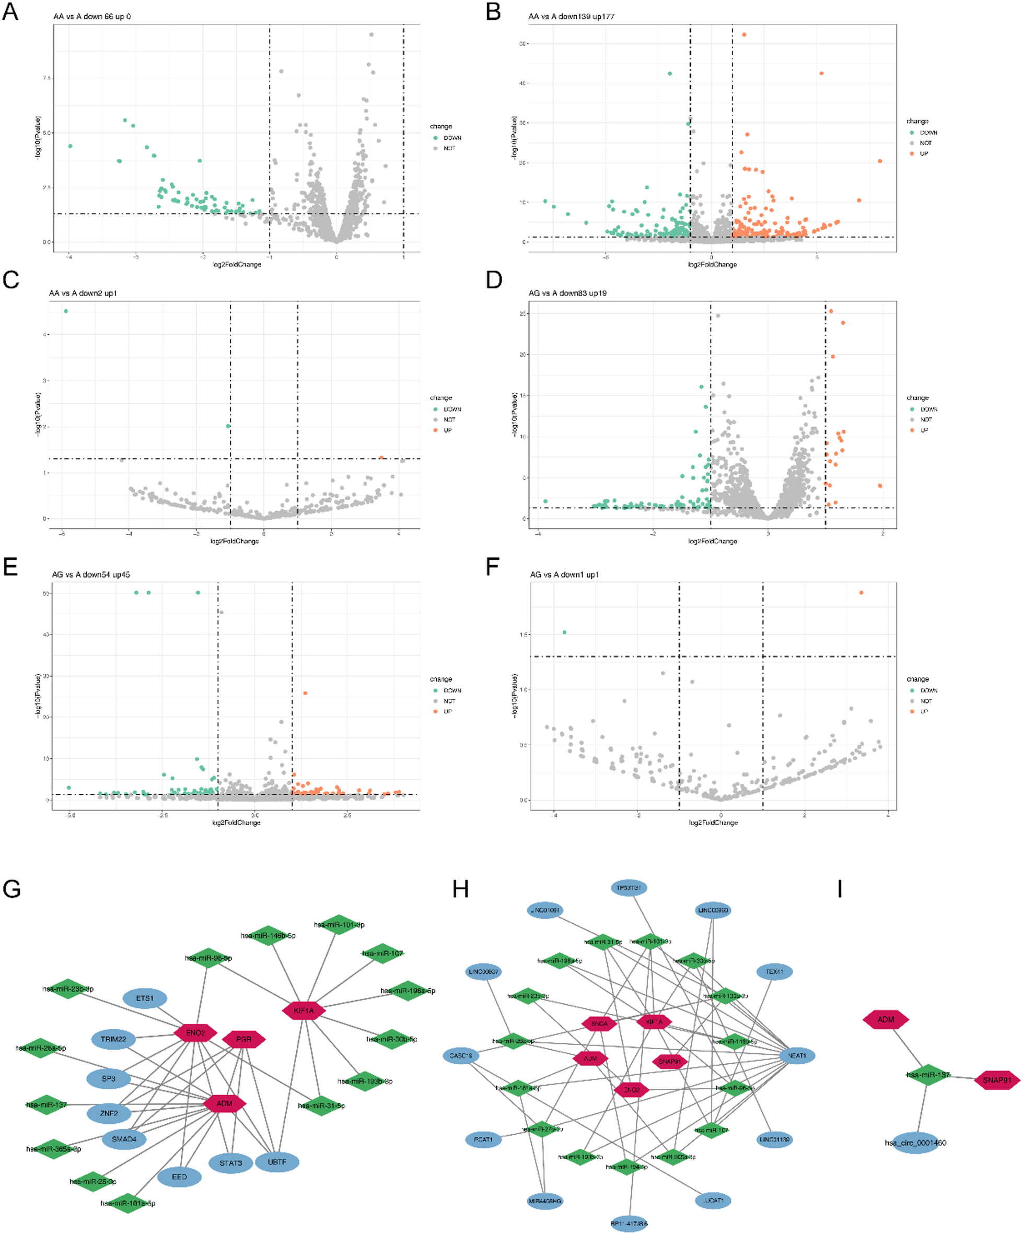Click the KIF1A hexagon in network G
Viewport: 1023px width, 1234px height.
pos(304,1010)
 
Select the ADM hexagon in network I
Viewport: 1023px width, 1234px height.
pos(886,1019)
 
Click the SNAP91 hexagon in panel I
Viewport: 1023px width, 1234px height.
pos(997,1080)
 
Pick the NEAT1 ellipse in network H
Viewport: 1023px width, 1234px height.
pos(797,1055)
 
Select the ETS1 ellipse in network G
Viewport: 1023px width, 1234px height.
pos(145,998)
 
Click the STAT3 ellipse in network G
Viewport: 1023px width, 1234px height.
pos(230,1163)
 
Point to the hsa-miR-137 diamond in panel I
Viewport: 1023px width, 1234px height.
pos(928,1075)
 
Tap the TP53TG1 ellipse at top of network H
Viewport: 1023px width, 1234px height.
pos(629,887)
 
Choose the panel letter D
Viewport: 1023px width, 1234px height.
pos(494,280)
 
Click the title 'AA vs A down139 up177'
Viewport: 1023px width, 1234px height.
pos(571,17)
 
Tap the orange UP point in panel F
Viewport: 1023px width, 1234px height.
pos(862,592)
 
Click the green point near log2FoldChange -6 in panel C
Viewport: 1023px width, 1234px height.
pos(66,311)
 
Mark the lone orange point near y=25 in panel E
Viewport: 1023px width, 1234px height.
pos(305,693)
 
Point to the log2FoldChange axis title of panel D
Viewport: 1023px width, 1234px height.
pos(713,541)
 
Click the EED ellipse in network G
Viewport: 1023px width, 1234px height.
pos(179,1177)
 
